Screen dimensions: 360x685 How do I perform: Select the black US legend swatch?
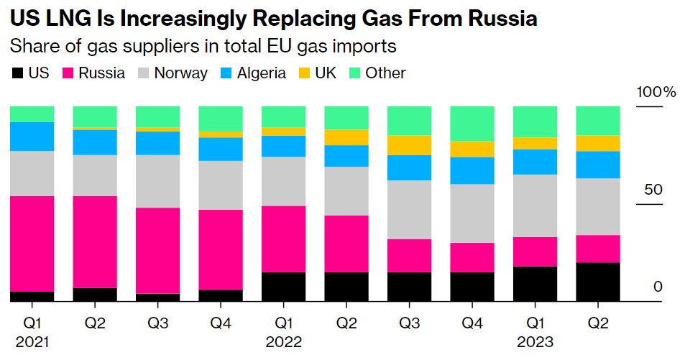[17, 73]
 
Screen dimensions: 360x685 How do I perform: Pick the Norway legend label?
[180, 73]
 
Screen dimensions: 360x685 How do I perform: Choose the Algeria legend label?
[262, 73]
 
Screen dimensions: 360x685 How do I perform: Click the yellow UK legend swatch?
[305, 73]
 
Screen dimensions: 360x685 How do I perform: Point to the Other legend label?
[385, 73]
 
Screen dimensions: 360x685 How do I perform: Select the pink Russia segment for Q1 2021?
[32, 244]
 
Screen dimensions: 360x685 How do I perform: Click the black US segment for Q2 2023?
[598, 282]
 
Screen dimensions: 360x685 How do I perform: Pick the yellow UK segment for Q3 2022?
[409, 145]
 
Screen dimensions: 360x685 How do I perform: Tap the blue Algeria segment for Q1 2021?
[32, 137]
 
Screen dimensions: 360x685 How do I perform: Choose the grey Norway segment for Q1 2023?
[535, 206]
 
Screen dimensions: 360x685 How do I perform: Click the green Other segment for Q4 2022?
[472, 124]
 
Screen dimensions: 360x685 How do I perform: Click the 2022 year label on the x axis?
[283, 342]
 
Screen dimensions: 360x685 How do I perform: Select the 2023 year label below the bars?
[535, 342]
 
